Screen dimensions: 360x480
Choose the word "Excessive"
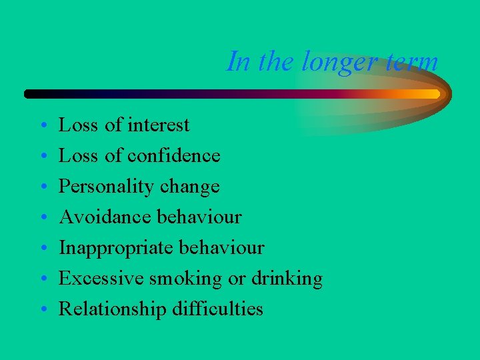(x=99, y=278)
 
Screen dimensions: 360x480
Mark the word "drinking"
(x=286, y=279)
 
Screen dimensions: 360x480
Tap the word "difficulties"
(x=219, y=309)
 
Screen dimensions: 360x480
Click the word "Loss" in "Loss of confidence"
(x=74, y=155)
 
